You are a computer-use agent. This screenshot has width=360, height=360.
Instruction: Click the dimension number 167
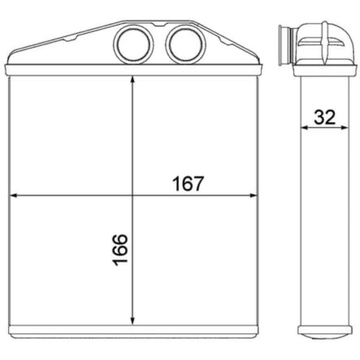(188, 184)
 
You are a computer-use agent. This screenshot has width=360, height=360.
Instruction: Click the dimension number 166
(120, 250)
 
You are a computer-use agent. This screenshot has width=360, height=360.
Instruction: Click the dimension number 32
(324, 117)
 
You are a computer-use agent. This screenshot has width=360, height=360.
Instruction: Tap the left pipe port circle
(133, 45)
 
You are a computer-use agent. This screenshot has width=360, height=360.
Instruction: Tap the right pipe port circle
(185, 45)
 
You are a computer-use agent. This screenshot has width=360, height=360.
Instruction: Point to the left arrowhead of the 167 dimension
(14, 196)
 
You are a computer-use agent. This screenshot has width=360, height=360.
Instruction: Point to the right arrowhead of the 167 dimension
(253, 196)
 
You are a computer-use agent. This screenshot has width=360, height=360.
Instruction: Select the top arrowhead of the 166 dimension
(132, 81)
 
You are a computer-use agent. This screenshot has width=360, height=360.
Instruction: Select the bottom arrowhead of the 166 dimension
(132, 321)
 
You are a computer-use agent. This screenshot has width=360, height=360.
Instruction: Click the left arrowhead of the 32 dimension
(304, 128)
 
